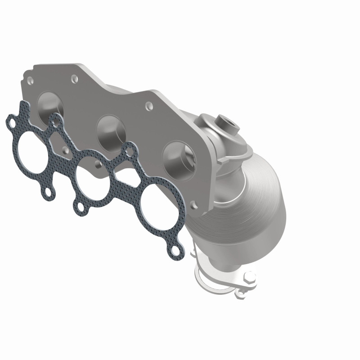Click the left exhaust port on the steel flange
click(51, 104)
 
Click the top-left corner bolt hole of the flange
click(30, 81)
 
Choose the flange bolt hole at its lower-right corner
click(194, 205)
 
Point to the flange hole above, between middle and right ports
click(148, 107)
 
